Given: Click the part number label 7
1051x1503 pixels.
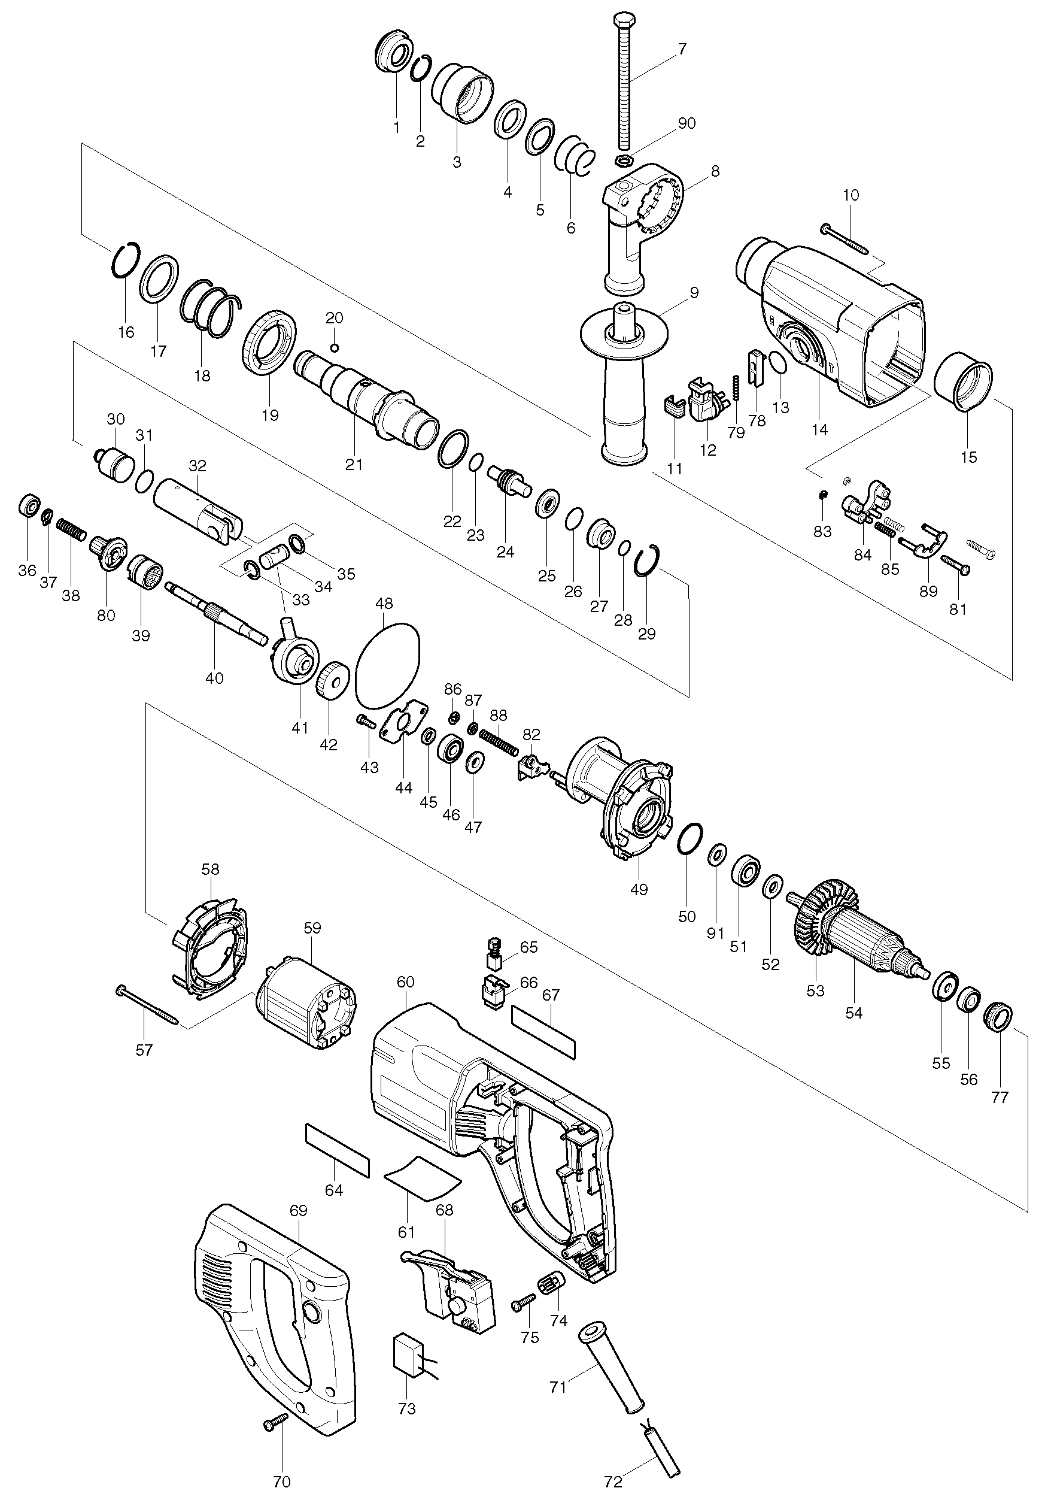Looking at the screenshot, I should pos(682,49).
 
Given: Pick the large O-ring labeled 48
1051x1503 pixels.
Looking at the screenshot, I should pos(387,664).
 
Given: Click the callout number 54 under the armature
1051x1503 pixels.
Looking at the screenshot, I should pos(853,1013).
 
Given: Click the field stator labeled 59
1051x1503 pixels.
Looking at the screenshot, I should pos(306,1008).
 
